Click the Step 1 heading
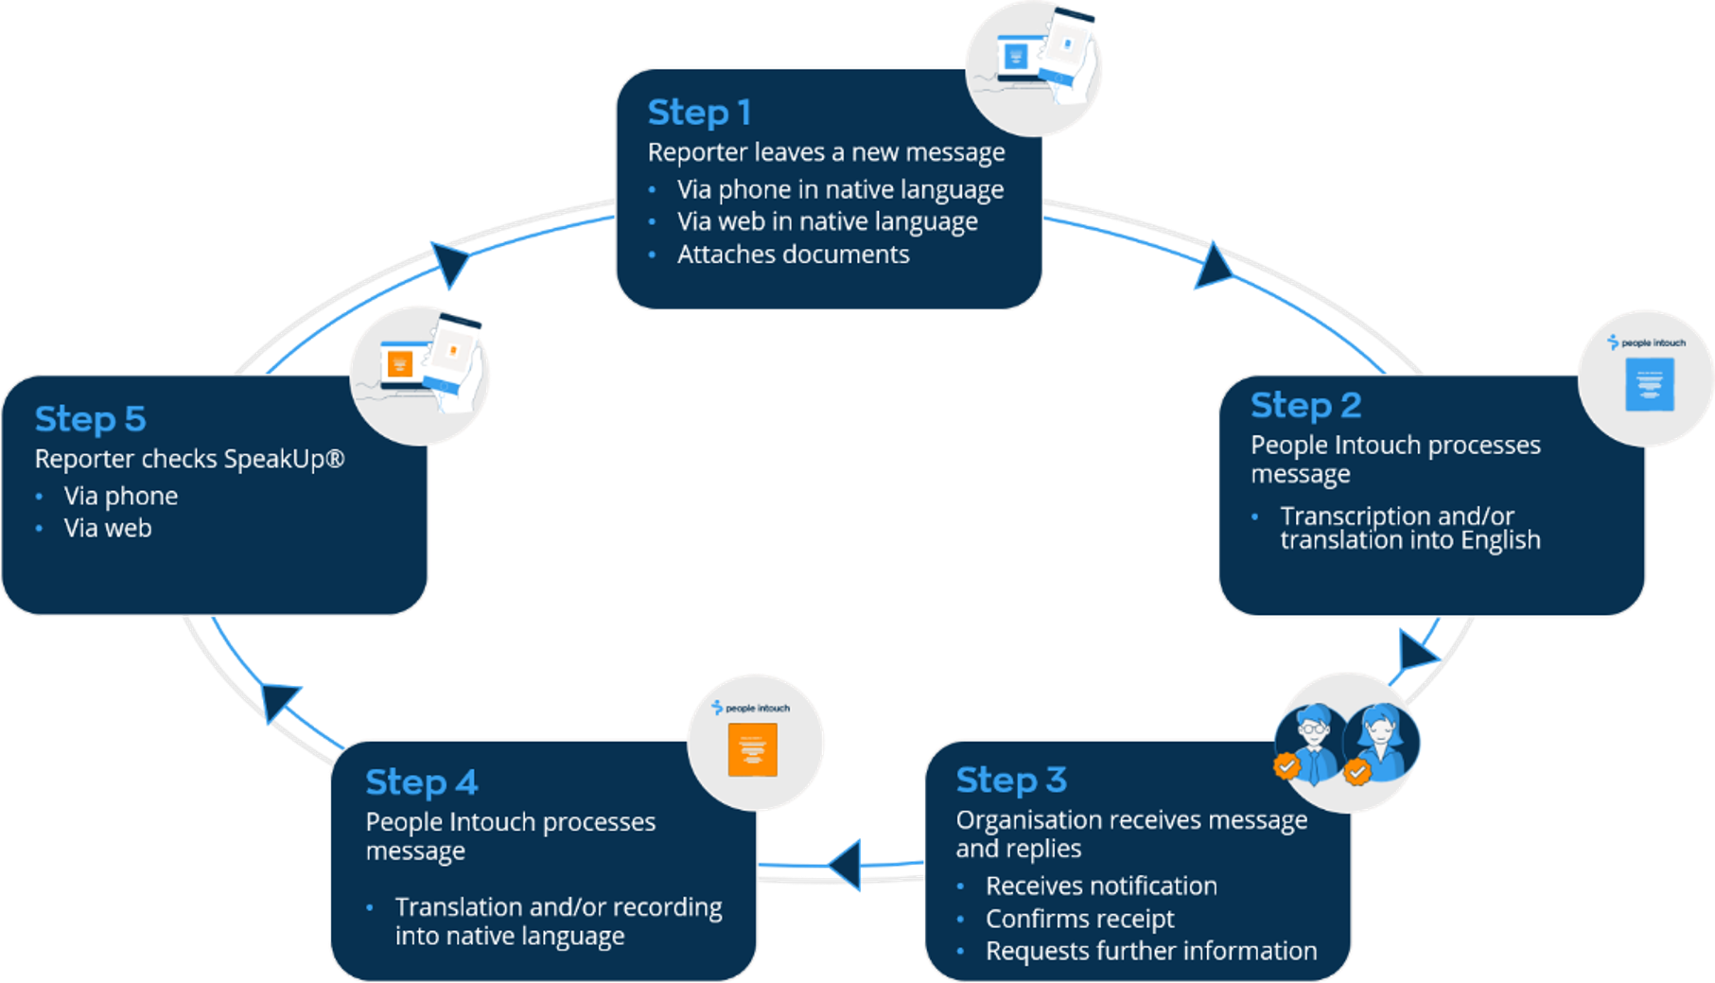pyautogui.click(x=699, y=113)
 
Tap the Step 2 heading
pyautogui.click(x=1305, y=406)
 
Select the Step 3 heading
pyautogui.click(x=1011, y=781)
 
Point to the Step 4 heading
pyautogui.click(x=421, y=782)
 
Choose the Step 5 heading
pyautogui.click(x=90, y=419)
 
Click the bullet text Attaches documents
pyautogui.click(x=793, y=255)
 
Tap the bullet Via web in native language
pyautogui.click(x=827, y=222)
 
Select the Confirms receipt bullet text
pyautogui.click(x=1079, y=920)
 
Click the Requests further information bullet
pyautogui.click(x=1151, y=951)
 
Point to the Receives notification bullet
pyautogui.click(x=1101, y=886)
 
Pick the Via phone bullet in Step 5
pyautogui.click(x=120, y=497)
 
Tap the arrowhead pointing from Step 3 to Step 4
pyautogui.click(x=845, y=865)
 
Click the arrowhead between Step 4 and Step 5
pyautogui.click(x=279, y=702)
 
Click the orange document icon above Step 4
pyautogui.click(x=753, y=749)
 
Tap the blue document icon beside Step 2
pyautogui.click(x=1650, y=384)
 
